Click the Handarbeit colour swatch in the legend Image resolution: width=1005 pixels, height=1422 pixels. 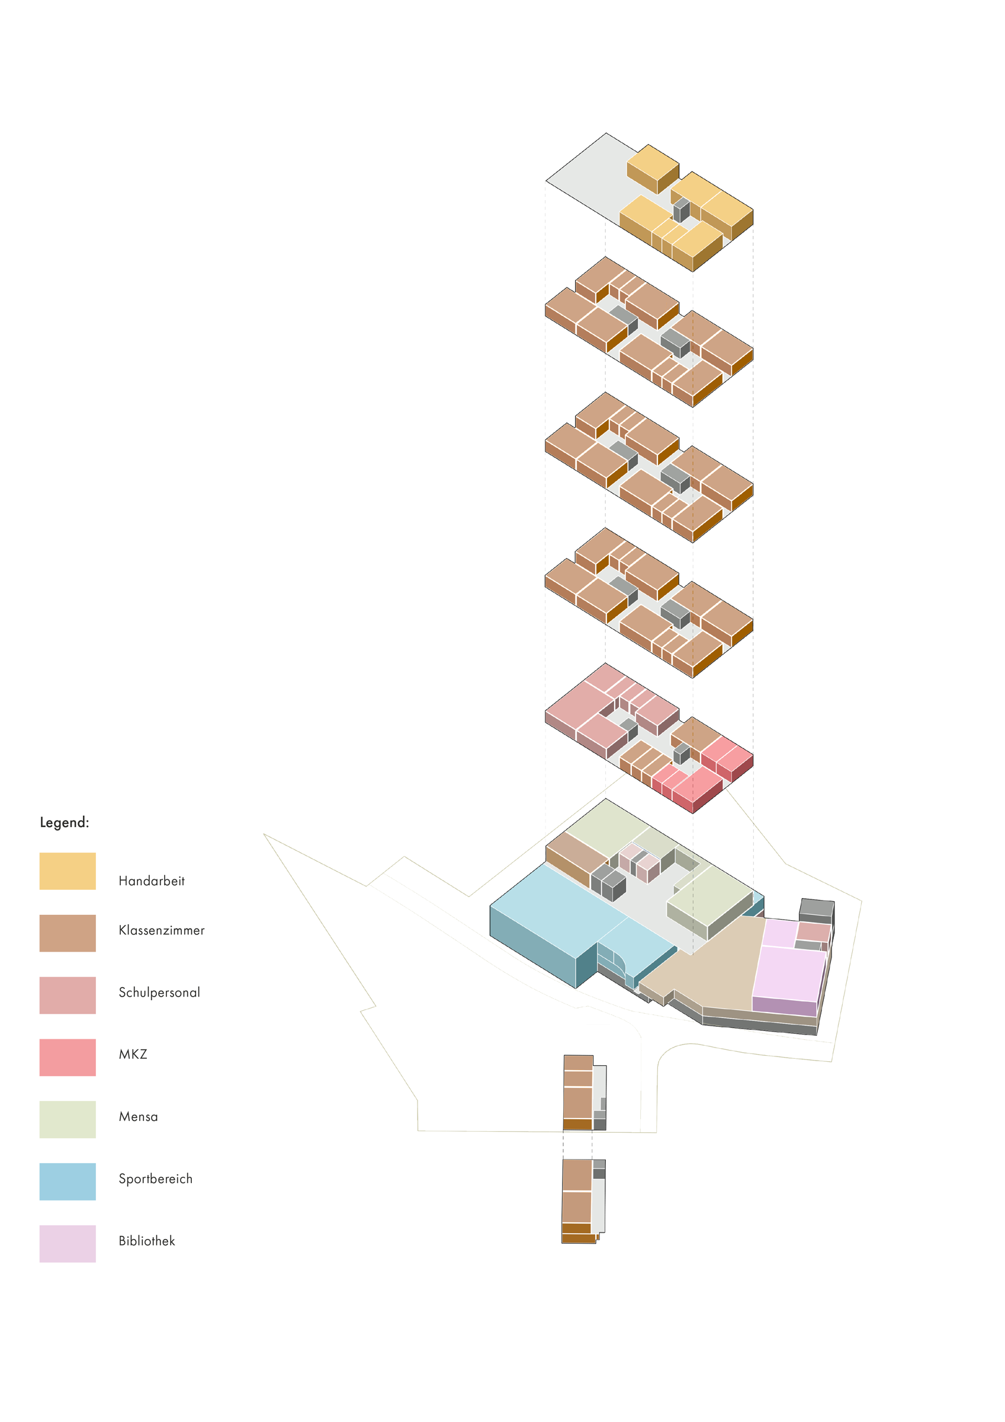click(x=68, y=871)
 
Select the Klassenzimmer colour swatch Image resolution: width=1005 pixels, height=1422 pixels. click(x=68, y=933)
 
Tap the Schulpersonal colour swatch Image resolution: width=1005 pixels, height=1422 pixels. click(x=68, y=995)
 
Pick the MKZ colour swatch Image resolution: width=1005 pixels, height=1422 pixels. click(x=68, y=1056)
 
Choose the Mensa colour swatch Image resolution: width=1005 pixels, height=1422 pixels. click(x=68, y=1119)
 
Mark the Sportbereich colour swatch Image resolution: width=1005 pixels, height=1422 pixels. click(x=68, y=1181)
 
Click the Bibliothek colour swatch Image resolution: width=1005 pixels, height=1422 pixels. click(x=68, y=1243)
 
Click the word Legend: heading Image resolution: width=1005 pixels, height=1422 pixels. click(x=65, y=822)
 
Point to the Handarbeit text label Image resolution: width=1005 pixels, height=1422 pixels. click(x=152, y=880)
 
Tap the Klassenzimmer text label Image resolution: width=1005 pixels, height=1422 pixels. click(x=162, y=930)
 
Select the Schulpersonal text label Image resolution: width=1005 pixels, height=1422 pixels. click(x=160, y=992)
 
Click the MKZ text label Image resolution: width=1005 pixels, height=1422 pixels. click(x=133, y=1054)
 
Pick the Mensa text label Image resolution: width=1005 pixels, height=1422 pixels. click(x=138, y=1117)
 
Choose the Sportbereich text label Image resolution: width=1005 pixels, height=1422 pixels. click(x=155, y=1178)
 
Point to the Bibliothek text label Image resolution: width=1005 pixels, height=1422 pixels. click(x=147, y=1241)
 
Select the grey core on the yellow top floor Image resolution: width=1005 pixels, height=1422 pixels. click(x=681, y=209)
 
